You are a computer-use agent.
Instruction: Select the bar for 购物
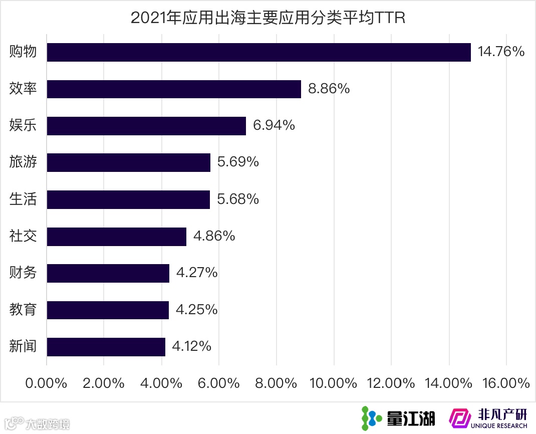tap(258, 52)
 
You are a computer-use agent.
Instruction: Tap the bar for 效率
tap(174, 89)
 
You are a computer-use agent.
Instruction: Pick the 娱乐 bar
tap(146, 126)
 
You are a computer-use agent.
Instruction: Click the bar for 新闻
tap(106, 347)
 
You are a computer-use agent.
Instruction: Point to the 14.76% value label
tap(501, 52)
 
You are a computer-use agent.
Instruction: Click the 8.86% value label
tap(329, 89)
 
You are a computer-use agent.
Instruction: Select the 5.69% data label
tap(238, 162)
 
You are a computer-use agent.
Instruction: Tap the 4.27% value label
tap(197, 273)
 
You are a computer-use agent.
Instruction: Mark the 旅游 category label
tap(23, 162)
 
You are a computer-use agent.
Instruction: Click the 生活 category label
tap(23, 199)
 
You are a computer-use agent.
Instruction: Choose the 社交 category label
tap(23, 236)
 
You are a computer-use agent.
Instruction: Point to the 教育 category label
tap(23, 310)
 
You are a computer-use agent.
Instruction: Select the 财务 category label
tap(23, 273)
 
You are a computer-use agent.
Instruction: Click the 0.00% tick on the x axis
tap(46, 383)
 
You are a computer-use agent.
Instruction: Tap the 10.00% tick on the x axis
tap(333, 383)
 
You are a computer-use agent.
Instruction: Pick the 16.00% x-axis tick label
tap(506, 383)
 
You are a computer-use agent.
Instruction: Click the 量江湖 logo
tap(398, 418)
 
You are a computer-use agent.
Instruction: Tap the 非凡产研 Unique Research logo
tap(488, 418)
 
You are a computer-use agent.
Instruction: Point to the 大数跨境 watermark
tap(38, 423)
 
